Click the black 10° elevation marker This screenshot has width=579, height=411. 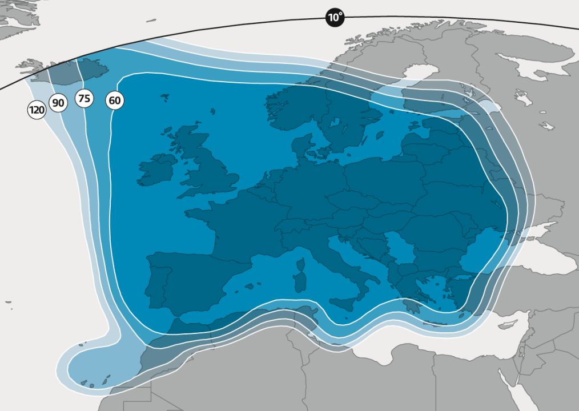[335, 17]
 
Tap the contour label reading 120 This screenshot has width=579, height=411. [37, 110]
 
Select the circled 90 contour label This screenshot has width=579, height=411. [58, 103]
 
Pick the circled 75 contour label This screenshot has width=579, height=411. [84, 98]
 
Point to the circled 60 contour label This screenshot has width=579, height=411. [114, 101]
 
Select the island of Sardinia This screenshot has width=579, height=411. [299, 282]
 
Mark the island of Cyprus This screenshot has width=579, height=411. [506, 325]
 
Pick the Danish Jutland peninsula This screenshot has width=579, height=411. [303, 146]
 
